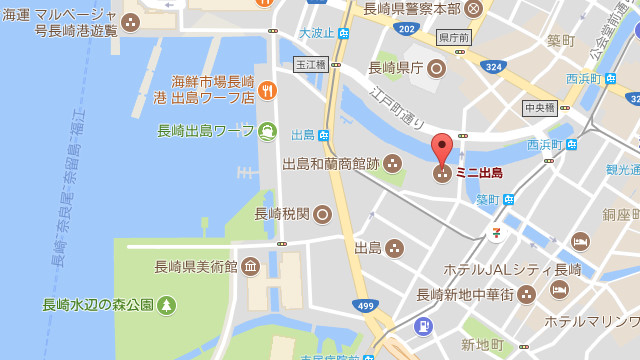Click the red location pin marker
442,151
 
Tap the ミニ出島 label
479,173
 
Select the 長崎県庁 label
395,68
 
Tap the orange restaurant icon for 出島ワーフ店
267,91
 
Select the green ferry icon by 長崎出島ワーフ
267,130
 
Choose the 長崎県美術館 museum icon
250,266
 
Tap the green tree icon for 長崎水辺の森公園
166,305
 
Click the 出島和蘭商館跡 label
331,163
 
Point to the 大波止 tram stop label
316,33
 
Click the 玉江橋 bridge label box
310,64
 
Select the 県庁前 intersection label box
454,37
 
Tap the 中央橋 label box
539,107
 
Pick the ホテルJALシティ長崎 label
498,269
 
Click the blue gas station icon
424,325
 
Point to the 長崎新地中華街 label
464,294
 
